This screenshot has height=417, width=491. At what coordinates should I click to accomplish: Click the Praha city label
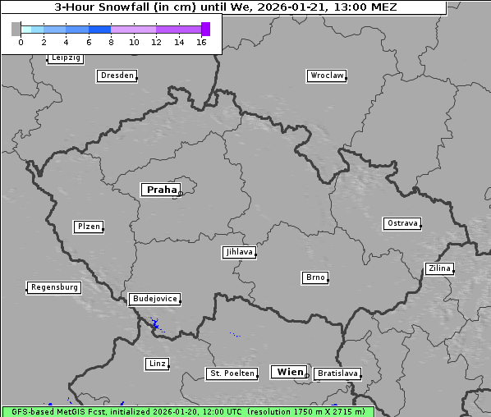[160, 190]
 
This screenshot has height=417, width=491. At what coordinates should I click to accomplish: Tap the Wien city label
[290, 372]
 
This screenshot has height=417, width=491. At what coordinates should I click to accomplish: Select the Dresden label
[117, 76]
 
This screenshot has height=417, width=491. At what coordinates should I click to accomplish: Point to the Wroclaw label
[327, 76]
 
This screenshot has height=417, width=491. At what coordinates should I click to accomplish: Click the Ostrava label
[402, 223]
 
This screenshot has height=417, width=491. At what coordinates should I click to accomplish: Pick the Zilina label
[438, 268]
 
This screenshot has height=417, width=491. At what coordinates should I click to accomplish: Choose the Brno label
[315, 277]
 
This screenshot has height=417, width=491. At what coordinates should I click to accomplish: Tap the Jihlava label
[239, 252]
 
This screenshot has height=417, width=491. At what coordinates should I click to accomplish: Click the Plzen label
[88, 227]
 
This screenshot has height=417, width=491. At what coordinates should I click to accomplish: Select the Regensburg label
[54, 287]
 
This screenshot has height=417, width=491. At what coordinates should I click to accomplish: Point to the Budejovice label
[154, 299]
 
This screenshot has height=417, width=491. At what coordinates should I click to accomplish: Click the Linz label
[158, 363]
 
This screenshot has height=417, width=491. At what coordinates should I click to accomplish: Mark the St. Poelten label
[232, 373]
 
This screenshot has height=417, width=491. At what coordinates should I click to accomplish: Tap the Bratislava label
[337, 373]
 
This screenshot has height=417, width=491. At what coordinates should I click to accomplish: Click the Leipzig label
[65, 58]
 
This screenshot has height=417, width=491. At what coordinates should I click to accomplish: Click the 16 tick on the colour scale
[201, 42]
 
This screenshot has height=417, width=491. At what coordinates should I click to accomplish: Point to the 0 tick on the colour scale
[21, 42]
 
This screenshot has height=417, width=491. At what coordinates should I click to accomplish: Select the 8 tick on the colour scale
[111, 42]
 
